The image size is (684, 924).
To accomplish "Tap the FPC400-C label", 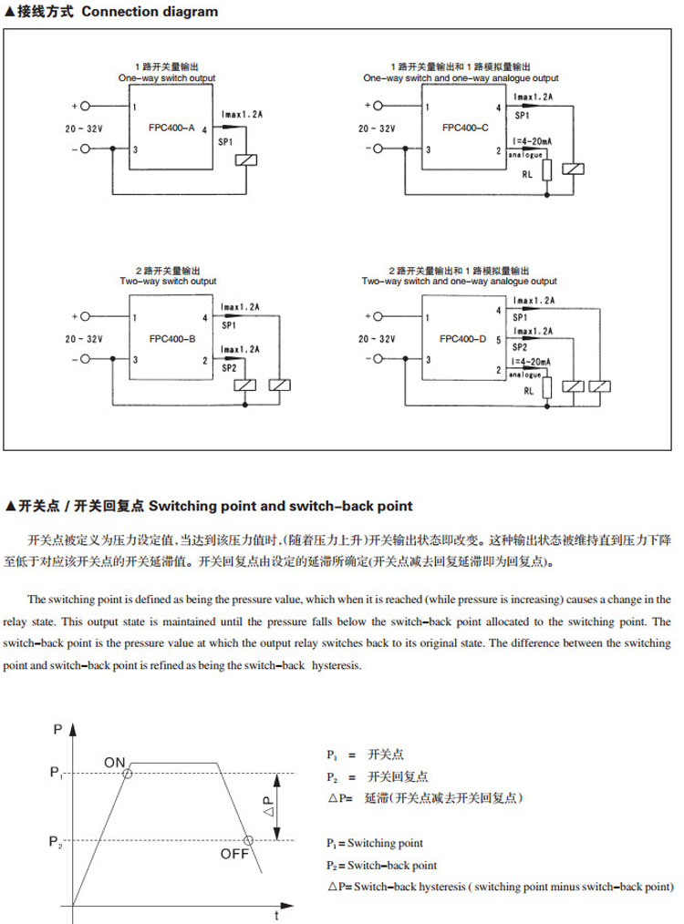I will pyautogui.click(x=464, y=128).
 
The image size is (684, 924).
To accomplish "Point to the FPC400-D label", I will pyautogui.click(x=464, y=338).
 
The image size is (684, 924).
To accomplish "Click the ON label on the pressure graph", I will pyautogui.click(x=114, y=762).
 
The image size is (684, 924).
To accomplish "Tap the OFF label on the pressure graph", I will pyautogui.click(x=234, y=854).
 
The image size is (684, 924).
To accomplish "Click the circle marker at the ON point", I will pyautogui.click(x=128, y=774).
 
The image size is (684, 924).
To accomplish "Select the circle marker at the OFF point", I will pyautogui.click(x=248, y=840).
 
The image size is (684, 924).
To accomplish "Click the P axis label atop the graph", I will pyautogui.click(x=57, y=728).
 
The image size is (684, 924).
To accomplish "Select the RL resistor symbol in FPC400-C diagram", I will pyautogui.click(x=545, y=173).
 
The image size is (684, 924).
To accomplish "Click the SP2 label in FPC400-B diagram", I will pyautogui.click(x=228, y=367).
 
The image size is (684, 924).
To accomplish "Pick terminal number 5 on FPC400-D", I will pyautogui.click(x=498, y=340).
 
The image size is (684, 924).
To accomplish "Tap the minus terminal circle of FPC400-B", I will pyautogui.click(x=86, y=359).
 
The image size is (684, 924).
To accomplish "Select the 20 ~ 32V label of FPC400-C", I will pyautogui.click(x=376, y=128).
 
